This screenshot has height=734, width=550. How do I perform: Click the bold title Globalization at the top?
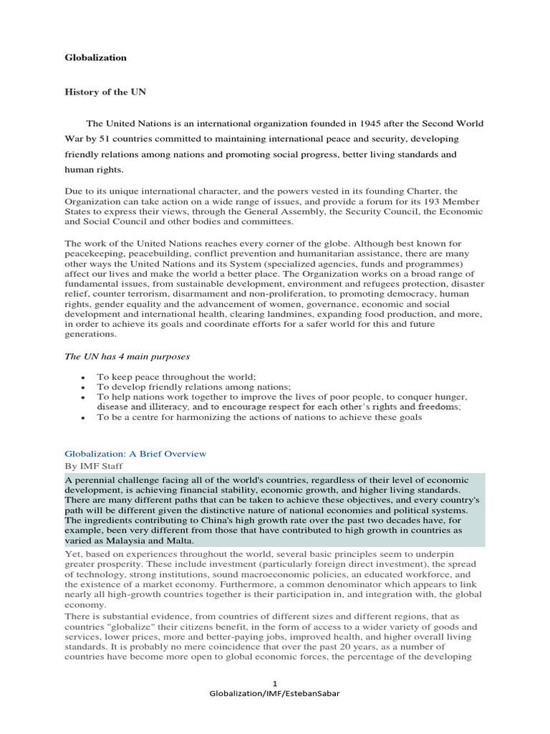pos(96,57)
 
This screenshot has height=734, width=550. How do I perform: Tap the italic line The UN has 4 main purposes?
pos(127,356)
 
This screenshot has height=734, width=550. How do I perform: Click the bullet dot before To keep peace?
pos(84,377)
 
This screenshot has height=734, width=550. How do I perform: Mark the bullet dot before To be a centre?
pos(84,418)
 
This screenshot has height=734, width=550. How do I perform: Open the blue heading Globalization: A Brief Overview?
pos(135,454)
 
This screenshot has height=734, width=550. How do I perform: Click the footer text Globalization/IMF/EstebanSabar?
pos(275,695)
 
